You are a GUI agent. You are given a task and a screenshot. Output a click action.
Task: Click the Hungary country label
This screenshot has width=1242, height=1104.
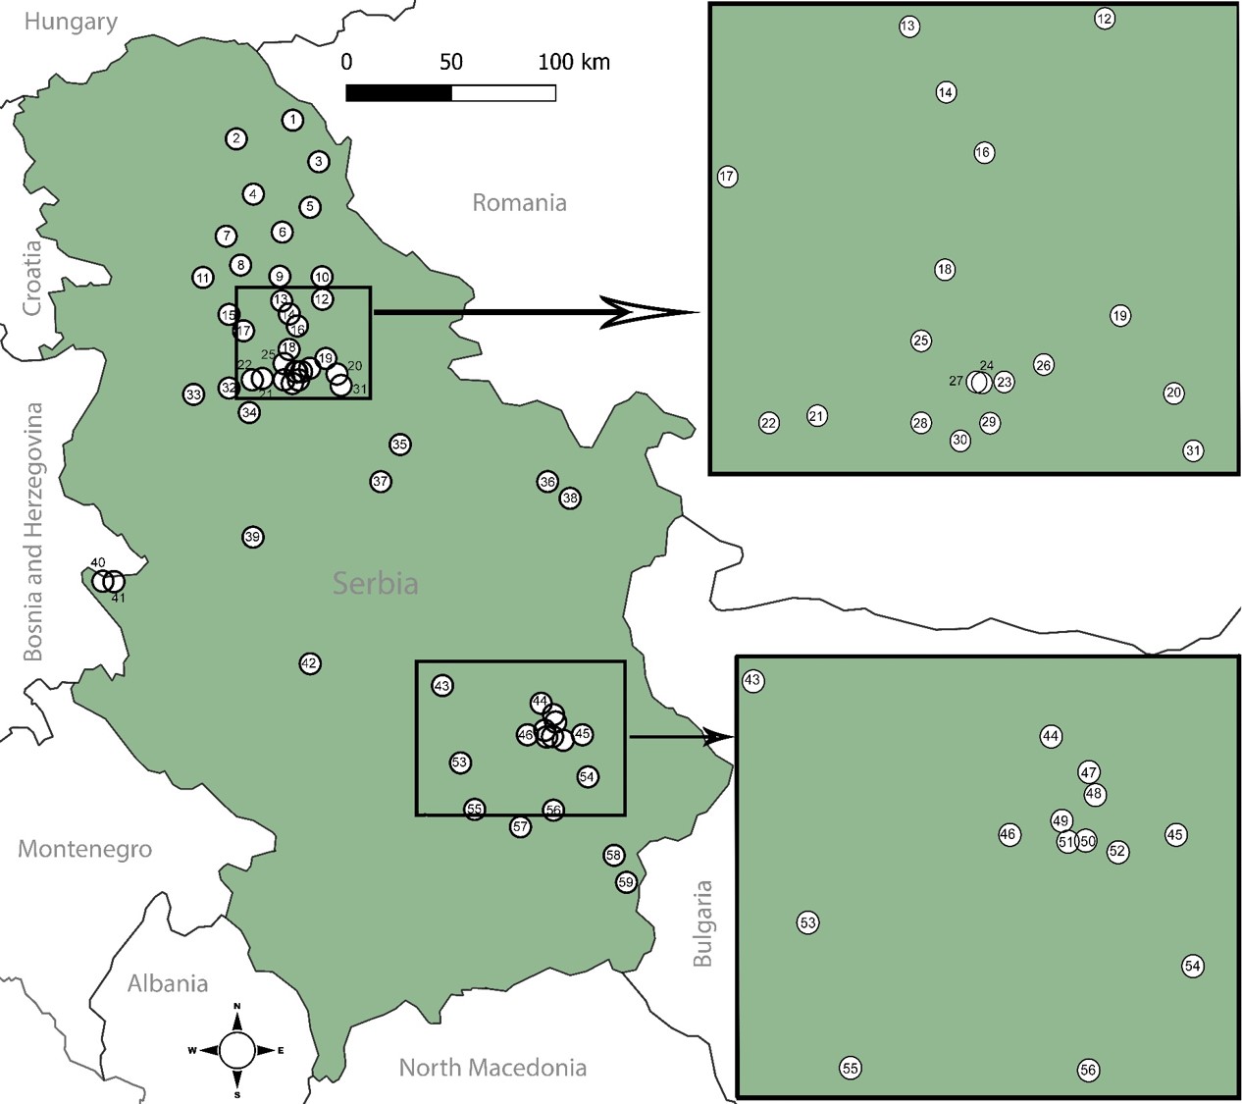click(x=71, y=22)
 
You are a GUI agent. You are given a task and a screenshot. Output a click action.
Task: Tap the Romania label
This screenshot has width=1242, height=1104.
click(x=519, y=203)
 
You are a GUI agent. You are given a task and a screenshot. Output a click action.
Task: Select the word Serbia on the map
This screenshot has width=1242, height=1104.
click(x=376, y=584)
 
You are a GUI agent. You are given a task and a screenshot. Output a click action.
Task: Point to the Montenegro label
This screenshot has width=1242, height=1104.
click(x=85, y=849)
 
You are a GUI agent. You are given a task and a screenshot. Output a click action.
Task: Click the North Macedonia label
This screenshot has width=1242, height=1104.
click(x=492, y=1068)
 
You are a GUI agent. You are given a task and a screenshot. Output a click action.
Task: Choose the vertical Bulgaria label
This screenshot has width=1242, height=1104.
click(x=702, y=923)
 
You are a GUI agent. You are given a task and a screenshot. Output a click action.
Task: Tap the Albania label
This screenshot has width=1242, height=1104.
click(x=168, y=983)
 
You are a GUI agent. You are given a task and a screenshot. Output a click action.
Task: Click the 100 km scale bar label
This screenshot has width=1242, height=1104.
click(x=574, y=62)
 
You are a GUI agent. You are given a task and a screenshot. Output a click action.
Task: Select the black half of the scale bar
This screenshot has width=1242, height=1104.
click(x=398, y=93)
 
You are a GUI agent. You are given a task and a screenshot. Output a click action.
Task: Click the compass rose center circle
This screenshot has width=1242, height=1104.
click(x=237, y=1050)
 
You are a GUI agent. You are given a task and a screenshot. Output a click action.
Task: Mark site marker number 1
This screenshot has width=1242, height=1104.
click(x=292, y=120)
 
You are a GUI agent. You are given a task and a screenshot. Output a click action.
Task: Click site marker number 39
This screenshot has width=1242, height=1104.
click(x=253, y=537)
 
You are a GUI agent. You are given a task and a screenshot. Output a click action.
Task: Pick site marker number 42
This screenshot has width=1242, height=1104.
click(x=310, y=663)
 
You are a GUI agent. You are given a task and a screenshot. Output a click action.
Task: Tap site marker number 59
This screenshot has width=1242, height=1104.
click(x=626, y=882)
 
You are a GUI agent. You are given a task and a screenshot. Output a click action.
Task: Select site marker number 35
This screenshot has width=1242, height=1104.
click(x=399, y=445)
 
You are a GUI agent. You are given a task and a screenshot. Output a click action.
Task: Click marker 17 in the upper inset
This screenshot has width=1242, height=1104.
click(x=727, y=177)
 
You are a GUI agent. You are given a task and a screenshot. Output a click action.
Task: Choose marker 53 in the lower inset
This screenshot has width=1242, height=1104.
click(x=807, y=922)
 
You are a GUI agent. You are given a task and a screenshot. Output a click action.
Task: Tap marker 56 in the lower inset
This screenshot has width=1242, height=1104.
click(x=1088, y=1070)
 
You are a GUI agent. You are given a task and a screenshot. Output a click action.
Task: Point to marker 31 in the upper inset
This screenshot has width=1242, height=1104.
click(x=1193, y=451)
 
